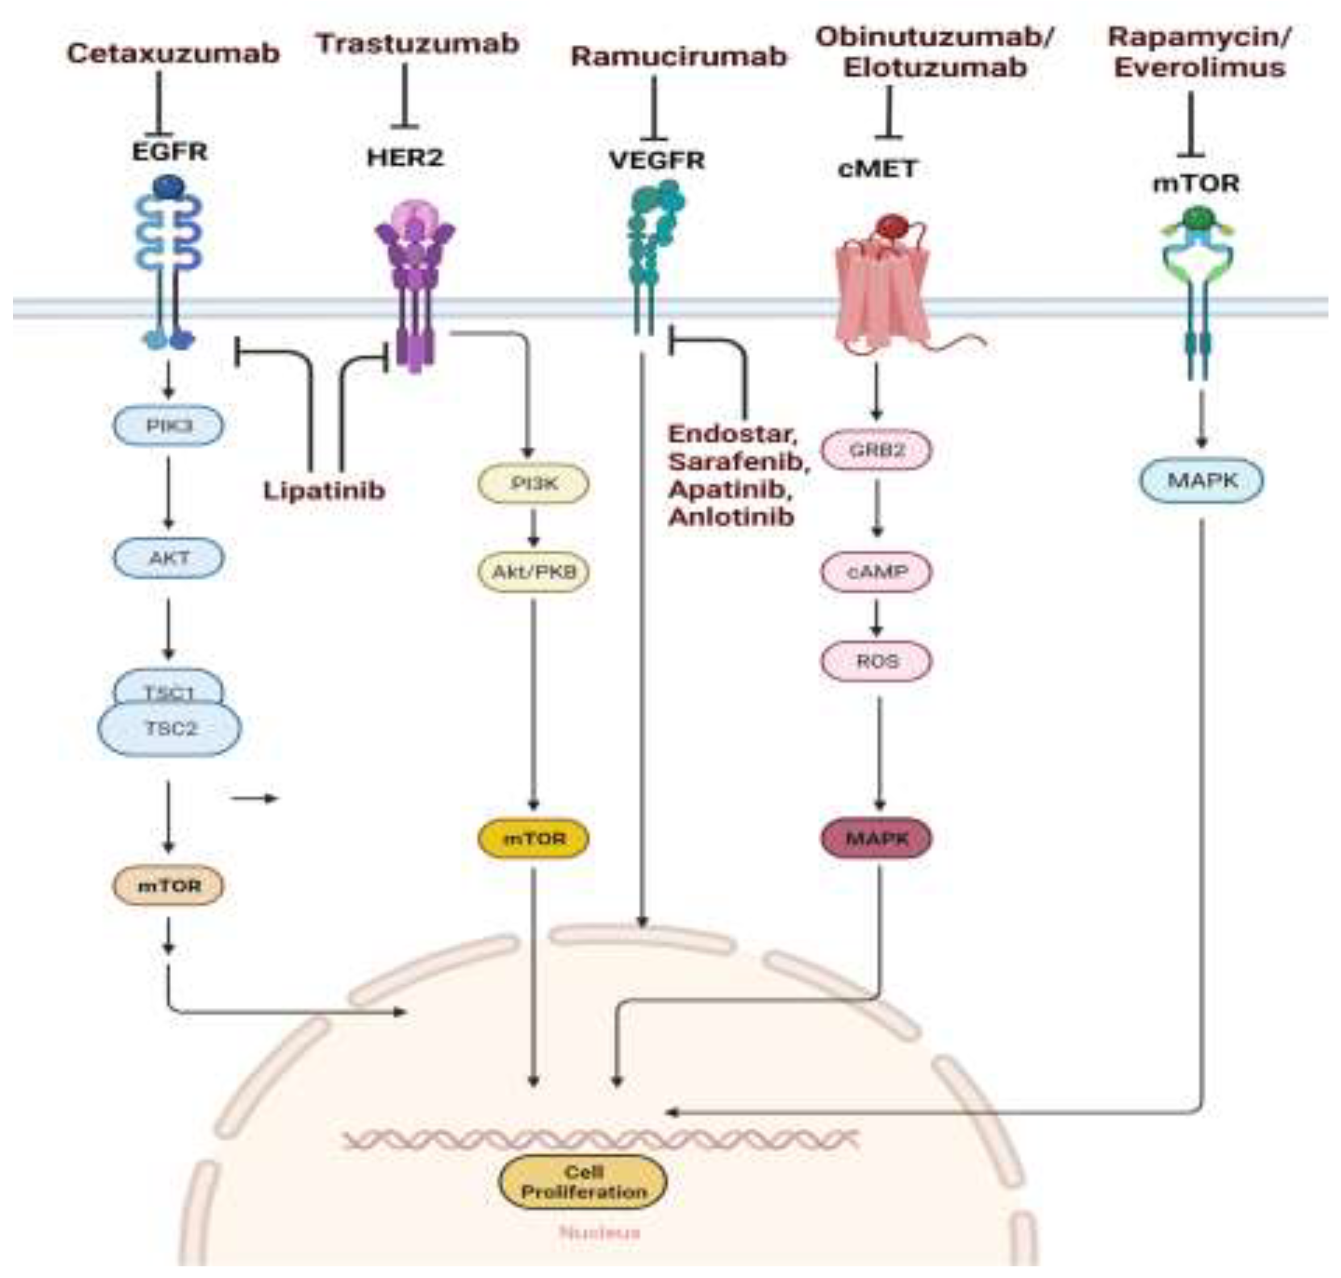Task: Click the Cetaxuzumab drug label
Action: (x=173, y=53)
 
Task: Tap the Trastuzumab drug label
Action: (x=418, y=44)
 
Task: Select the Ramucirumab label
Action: (x=679, y=57)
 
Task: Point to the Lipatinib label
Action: (x=324, y=490)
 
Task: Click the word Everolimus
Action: (x=1199, y=67)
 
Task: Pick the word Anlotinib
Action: (x=731, y=516)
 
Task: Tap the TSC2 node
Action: (x=170, y=729)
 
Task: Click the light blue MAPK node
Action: (x=1201, y=480)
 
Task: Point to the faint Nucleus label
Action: (x=600, y=1232)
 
